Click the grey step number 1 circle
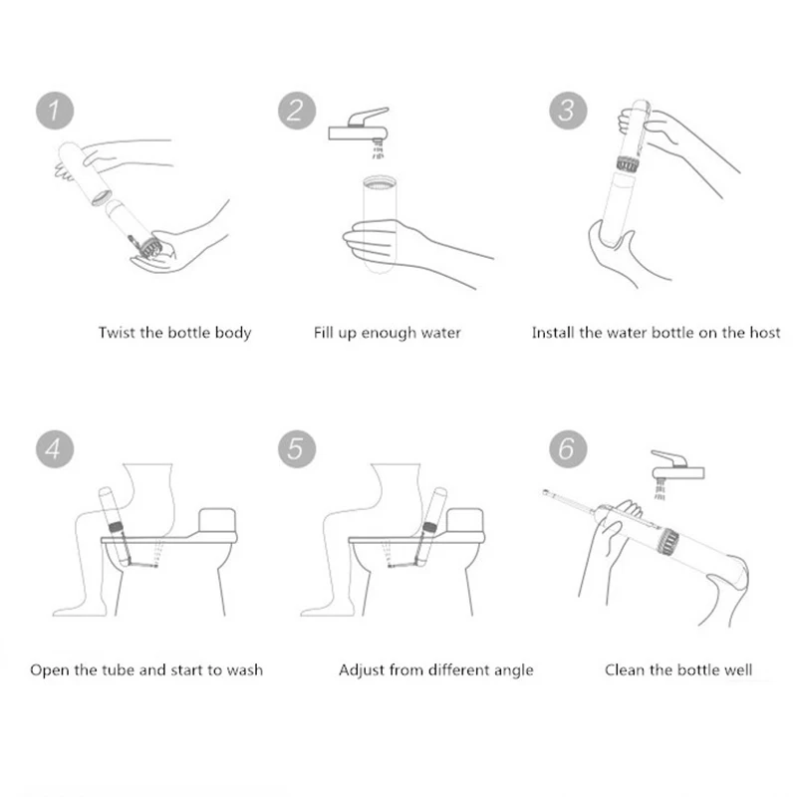pos(55,111)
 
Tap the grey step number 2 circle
pos(297,111)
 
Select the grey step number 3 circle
pos(568,111)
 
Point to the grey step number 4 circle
pos(55,449)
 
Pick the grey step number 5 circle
pos(297,449)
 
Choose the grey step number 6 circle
pos(568,449)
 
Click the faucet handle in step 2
pos(367,117)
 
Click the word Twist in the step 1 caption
pos(117,333)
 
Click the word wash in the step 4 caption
pos(244,669)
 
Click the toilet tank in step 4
pos(217,520)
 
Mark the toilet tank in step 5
pos(464,520)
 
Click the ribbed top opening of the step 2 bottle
pos(381,182)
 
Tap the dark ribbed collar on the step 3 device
pos(628,164)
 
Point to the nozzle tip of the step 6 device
pos(546,492)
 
